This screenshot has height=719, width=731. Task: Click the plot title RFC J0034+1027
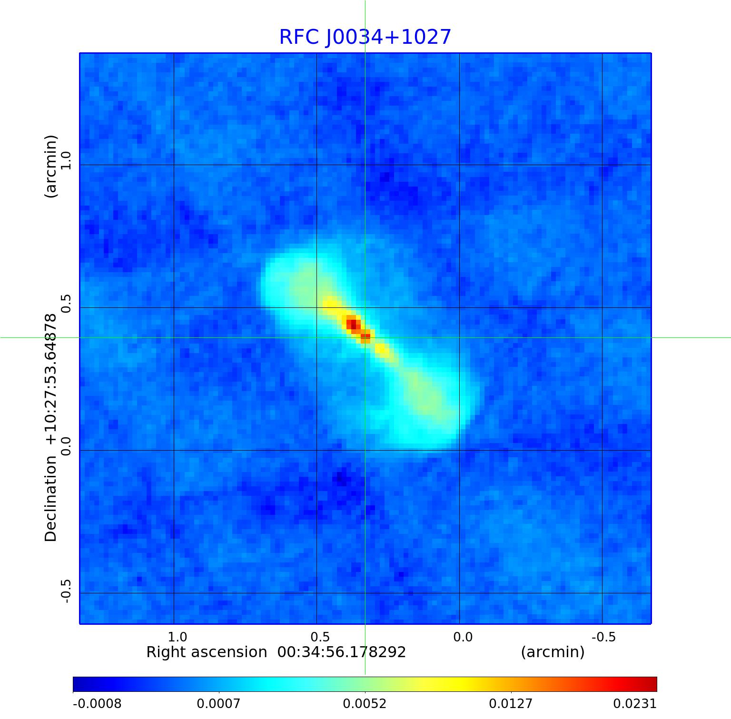tap(365, 37)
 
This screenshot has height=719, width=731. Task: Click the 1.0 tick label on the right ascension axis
tap(178, 637)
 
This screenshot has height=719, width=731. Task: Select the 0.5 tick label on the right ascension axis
tap(320, 637)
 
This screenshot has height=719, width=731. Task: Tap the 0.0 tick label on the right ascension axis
tap(463, 637)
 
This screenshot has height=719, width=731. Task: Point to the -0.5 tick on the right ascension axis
tap(603, 637)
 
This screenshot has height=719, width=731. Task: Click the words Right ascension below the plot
tap(207, 652)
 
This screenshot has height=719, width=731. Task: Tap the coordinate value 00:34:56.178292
tap(342, 652)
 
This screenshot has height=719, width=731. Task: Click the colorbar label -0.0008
tap(97, 703)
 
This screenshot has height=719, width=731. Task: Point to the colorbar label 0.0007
tap(219, 703)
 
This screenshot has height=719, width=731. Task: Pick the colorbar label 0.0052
tap(365, 703)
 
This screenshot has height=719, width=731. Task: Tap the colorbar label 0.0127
tap(511, 703)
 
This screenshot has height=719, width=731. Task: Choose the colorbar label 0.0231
tap(634, 703)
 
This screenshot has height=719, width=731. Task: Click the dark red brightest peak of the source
tap(352, 324)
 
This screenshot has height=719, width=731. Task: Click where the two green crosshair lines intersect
tap(365, 337)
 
